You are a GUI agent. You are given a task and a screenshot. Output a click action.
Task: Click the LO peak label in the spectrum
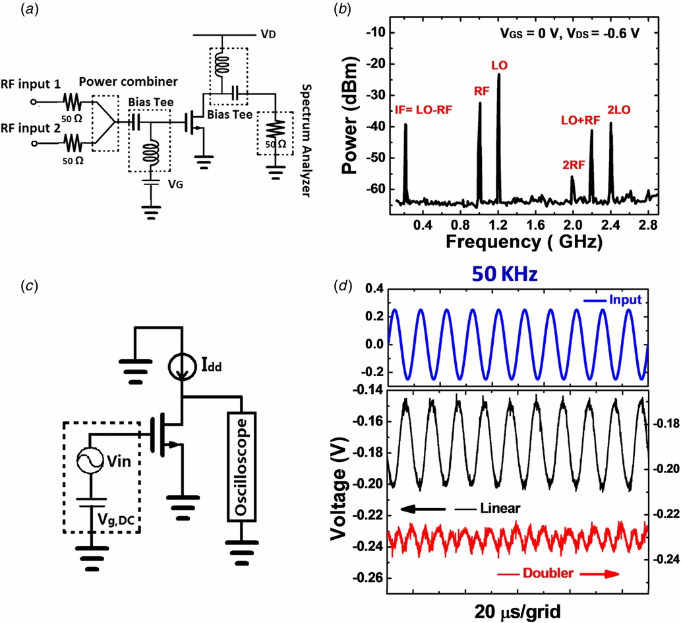498,66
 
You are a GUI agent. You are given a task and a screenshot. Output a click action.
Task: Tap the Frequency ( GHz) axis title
523,242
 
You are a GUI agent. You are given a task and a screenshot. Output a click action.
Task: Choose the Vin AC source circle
88,461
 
